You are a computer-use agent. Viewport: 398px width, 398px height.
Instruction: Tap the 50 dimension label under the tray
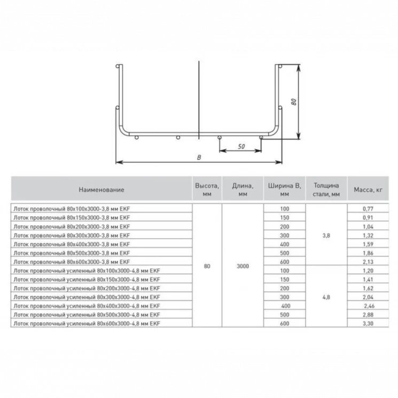[x=241, y=147]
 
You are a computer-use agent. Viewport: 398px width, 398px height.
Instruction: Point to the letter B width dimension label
[x=199, y=158]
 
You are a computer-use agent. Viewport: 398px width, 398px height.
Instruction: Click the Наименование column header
[x=102, y=190]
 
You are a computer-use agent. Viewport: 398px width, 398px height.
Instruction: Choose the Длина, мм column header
[x=243, y=190]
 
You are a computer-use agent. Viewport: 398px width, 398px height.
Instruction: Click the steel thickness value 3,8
[x=326, y=235]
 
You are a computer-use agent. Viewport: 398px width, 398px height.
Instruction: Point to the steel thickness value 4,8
[x=326, y=296]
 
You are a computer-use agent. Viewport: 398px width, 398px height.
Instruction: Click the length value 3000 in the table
[x=243, y=266]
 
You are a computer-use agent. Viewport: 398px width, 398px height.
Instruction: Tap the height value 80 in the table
[x=207, y=266]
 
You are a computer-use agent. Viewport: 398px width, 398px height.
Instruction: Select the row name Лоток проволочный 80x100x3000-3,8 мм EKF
[x=71, y=208]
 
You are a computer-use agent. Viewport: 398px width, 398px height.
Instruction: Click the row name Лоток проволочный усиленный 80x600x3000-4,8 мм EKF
[x=87, y=323]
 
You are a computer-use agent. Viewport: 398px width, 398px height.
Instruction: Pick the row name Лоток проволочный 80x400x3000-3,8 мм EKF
[x=71, y=244]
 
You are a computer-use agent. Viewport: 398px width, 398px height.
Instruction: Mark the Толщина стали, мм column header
[x=326, y=190]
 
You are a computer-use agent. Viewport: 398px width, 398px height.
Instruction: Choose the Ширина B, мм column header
[x=284, y=190]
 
